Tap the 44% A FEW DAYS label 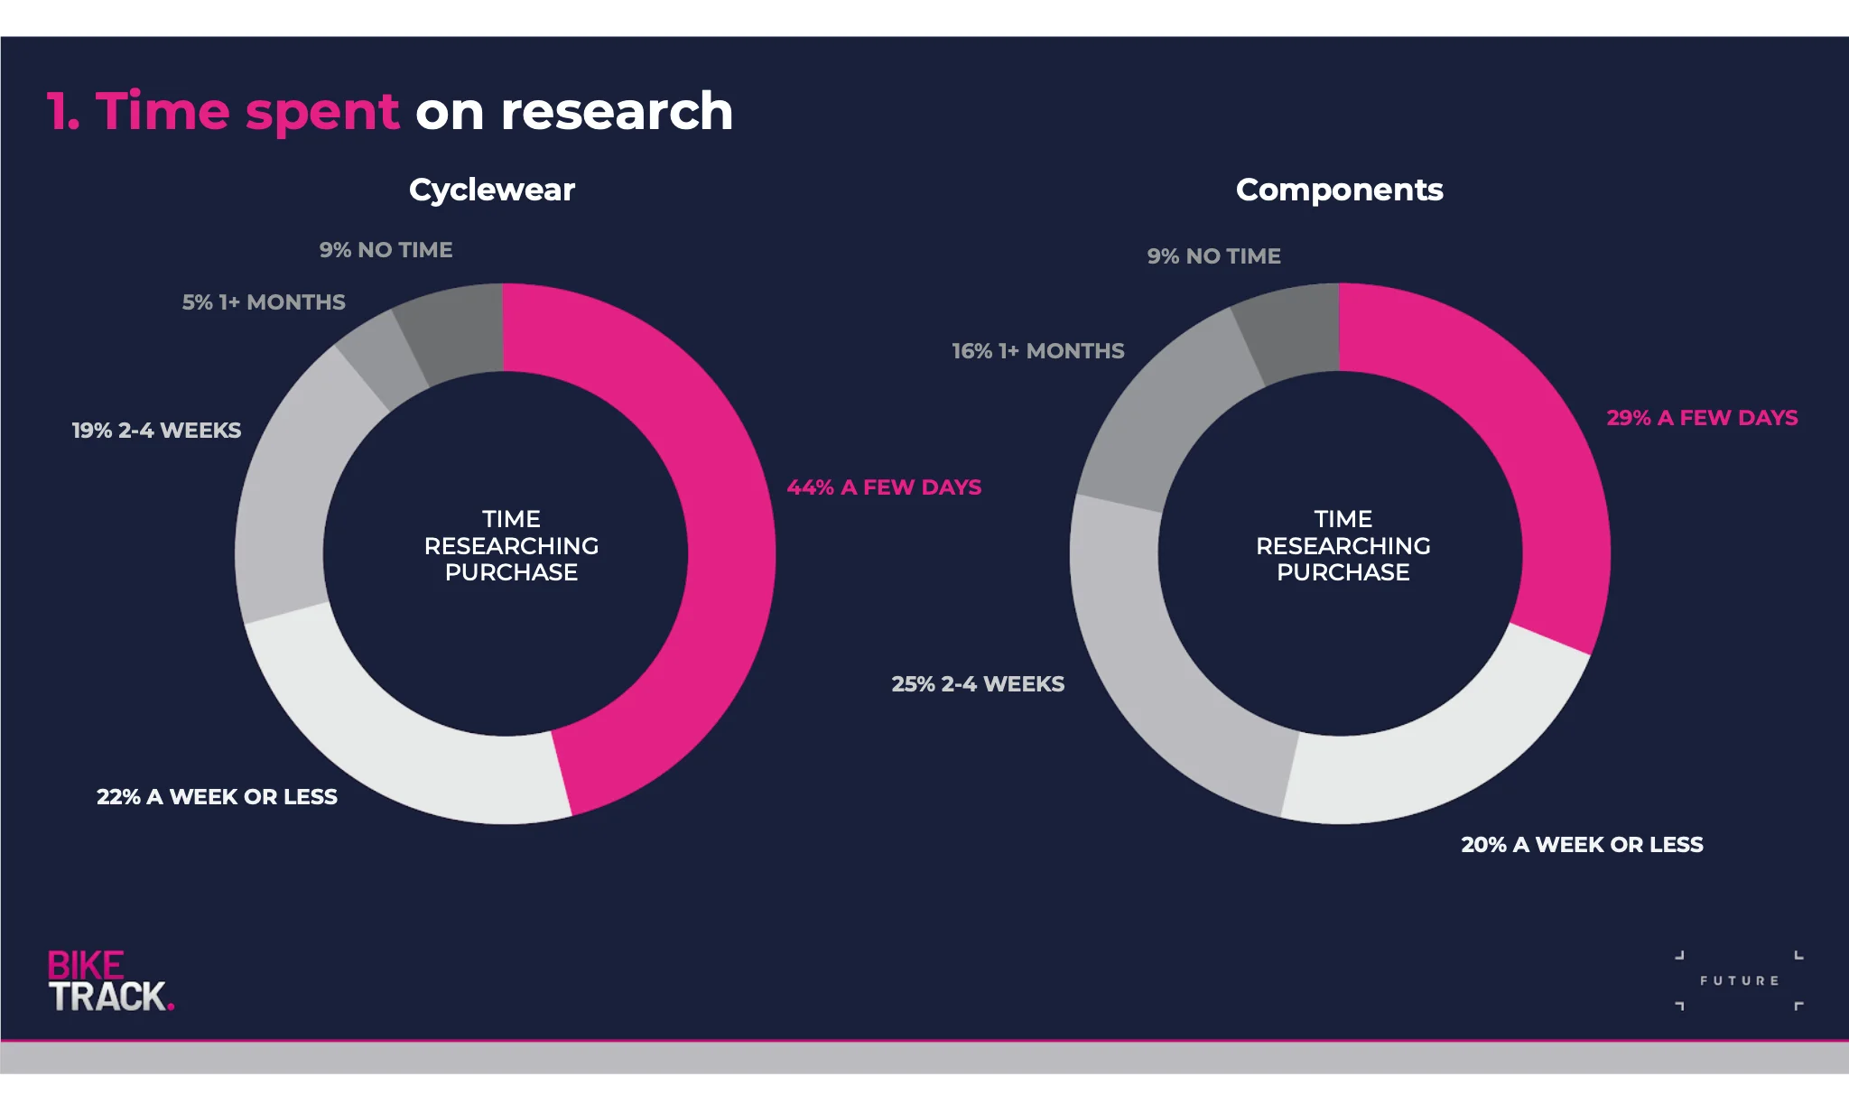click(x=884, y=487)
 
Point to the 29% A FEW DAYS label click(x=1702, y=418)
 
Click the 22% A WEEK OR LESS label click(x=217, y=797)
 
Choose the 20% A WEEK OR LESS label click(x=1582, y=845)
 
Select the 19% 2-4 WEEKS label click(x=156, y=431)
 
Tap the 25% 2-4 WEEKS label click(x=978, y=684)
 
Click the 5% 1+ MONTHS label click(x=264, y=302)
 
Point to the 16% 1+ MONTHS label click(x=1038, y=351)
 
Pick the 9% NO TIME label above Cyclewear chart click(x=386, y=250)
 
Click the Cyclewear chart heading click(x=492, y=190)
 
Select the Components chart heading click(x=1339, y=190)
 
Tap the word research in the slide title click(x=617, y=112)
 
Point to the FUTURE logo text click(x=1739, y=980)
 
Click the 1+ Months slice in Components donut click(x=1165, y=406)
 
